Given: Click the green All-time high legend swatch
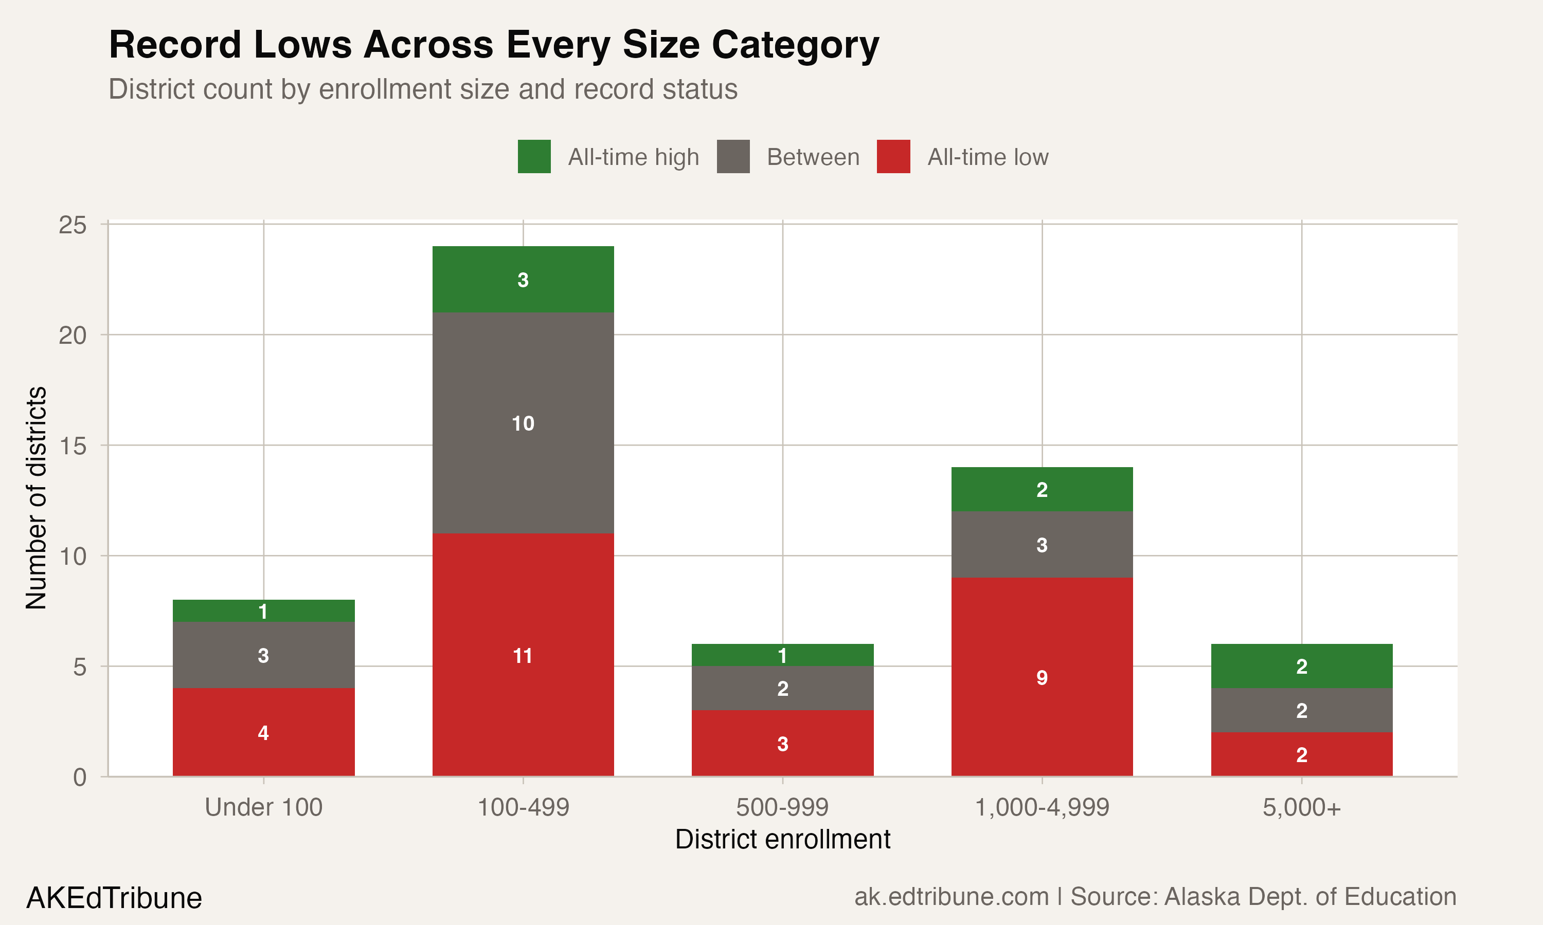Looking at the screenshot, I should click(534, 156).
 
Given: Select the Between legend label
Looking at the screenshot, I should click(813, 157).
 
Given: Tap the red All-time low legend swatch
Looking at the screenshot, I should click(893, 156).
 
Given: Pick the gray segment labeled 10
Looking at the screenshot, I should click(523, 423).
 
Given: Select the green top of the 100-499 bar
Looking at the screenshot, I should click(523, 279).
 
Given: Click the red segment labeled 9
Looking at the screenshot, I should click(1042, 677).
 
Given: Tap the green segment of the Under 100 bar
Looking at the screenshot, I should click(263, 611).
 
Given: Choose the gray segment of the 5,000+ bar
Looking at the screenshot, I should click(1302, 711).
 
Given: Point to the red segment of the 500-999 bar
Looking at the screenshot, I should click(782, 744).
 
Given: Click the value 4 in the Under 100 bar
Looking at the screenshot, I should click(263, 733).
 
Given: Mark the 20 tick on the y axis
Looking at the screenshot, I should click(73, 336).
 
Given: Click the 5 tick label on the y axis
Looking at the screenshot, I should click(79, 667).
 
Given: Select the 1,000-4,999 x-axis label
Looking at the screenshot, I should click(1042, 807).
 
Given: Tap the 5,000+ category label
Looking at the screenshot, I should click(1302, 807).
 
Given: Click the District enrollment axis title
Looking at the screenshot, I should click(782, 839).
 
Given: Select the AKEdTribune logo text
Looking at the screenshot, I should click(114, 898).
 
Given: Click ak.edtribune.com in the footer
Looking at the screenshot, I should click(951, 896).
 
